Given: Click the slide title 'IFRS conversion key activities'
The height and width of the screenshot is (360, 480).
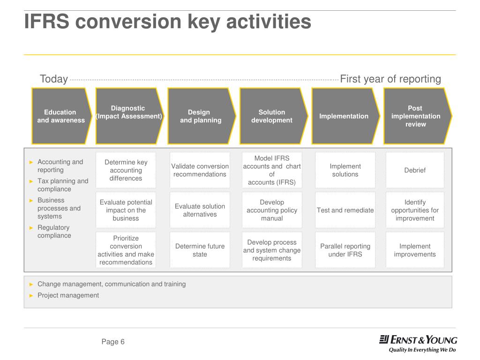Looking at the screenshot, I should coord(167,22).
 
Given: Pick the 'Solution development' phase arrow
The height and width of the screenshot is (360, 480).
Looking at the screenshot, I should coord(272,116).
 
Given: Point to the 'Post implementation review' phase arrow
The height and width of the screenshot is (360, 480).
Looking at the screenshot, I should coord(416,116).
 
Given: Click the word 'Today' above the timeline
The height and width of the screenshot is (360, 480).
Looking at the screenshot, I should coord(54,79).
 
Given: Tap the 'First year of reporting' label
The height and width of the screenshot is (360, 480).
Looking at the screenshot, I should coord(390,79).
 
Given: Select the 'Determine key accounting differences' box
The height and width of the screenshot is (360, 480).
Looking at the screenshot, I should coord(126,170).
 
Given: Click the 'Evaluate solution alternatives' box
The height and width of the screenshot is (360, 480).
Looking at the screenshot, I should coord(200,210).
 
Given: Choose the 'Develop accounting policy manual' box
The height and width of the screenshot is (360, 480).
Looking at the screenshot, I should coord(272,210).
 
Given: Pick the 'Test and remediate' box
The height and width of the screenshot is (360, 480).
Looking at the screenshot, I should coord(345,210).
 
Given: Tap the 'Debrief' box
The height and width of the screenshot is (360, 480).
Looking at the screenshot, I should coord(415,170).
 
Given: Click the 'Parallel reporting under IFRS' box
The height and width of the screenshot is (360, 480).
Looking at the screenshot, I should coord(345,250).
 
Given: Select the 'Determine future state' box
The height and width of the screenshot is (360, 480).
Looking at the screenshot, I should coord(200,250).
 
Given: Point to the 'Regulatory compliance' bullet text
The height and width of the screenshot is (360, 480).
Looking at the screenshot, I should coord(54,232).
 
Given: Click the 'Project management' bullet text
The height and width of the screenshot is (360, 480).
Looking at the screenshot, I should coord(68,295).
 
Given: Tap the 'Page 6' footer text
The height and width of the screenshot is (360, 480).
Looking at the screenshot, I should coord(113,342).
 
